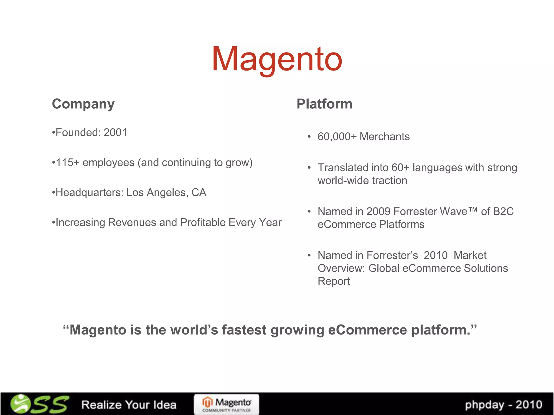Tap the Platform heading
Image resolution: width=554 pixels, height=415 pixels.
point(324,104)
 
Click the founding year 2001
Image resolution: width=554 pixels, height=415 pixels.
point(115,133)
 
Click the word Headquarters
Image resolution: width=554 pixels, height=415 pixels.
point(90,193)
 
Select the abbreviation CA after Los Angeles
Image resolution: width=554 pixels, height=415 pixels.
point(199,193)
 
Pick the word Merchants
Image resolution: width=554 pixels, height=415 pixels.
point(384,137)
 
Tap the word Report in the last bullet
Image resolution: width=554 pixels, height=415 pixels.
point(334,281)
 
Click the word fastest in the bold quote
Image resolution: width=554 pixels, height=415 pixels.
point(244,330)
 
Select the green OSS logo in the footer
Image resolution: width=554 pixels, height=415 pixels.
point(39,404)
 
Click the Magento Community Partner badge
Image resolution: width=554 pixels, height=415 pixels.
point(226,404)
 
